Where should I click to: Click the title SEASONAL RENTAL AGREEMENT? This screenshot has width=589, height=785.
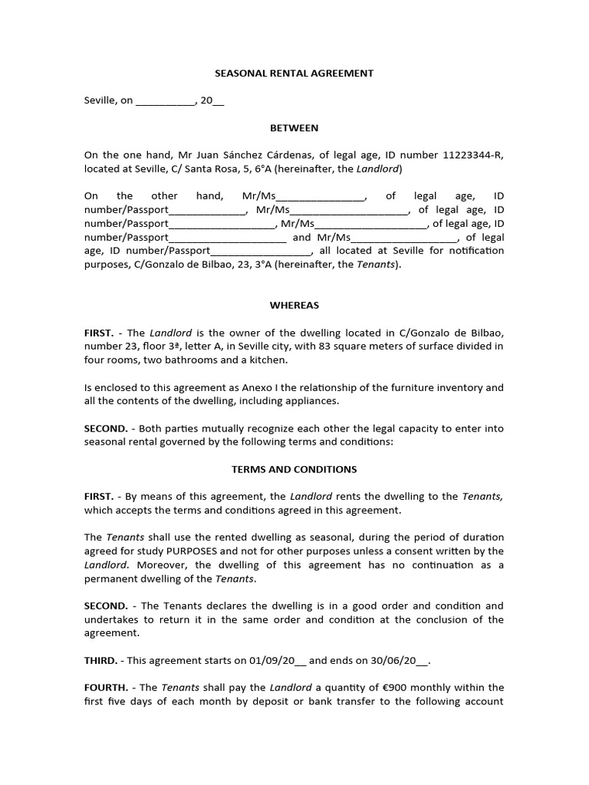tap(293, 73)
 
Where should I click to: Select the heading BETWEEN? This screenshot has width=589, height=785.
tap(294, 128)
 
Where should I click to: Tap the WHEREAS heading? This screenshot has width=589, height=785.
tap(294, 304)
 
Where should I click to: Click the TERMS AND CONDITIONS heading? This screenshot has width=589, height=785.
tap(294, 469)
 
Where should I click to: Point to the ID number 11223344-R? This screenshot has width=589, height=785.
tap(472, 155)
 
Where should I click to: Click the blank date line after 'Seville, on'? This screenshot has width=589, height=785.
tap(165, 101)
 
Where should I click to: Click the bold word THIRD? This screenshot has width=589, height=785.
tap(100, 660)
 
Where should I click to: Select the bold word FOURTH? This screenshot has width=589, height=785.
tap(105, 688)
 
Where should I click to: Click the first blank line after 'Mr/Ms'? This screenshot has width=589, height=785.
tap(321, 196)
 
